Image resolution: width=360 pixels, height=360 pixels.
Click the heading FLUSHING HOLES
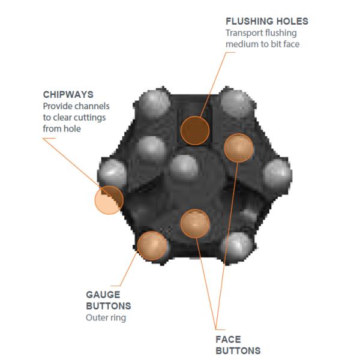click(266, 22)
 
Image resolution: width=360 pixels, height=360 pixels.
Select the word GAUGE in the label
click(103, 295)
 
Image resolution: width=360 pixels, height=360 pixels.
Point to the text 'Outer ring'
click(106, 317)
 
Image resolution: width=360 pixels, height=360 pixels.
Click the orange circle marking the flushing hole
click(195, 130)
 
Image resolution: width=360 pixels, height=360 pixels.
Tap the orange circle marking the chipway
click(109, 200)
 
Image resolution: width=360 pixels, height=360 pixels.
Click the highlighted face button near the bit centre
click(195, 223)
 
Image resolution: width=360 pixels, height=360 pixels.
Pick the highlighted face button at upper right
click(238, 148)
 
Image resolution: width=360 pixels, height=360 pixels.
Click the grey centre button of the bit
click(184, 167)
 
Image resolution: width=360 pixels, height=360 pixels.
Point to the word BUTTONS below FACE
click(238, 350)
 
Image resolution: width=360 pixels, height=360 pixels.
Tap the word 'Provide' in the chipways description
click(58, 106)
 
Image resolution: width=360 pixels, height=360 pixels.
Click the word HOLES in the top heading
click(290, 22)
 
